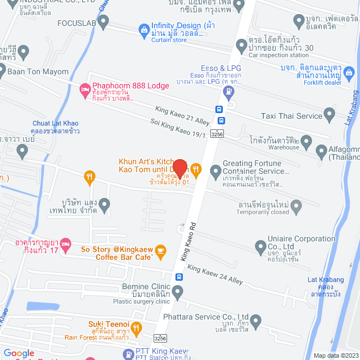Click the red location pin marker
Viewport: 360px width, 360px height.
pos(179,168)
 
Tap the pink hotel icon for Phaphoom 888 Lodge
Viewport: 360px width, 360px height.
pos(85,88)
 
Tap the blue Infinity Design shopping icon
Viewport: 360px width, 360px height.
pos(143,29)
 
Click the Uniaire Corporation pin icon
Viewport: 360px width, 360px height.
pos(260,246)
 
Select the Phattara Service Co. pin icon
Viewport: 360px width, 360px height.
pos(256,322)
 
